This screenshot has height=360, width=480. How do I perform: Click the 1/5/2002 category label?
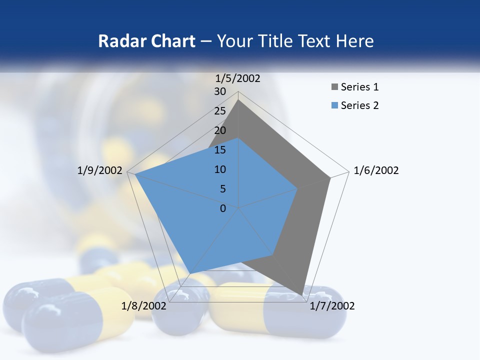point(238,78)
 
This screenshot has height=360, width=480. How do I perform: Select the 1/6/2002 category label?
point(376,170)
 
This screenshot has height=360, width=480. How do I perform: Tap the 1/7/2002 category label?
point(332,306)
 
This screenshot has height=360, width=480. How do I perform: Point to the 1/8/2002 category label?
point(144,306)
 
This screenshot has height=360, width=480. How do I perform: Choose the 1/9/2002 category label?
point(100,170)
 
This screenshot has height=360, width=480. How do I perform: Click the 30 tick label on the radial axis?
point(220,91)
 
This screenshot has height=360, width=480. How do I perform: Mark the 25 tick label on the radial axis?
point(220,111)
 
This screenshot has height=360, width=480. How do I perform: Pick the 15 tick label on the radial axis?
point(220,150)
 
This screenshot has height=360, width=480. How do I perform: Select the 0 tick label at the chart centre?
point(223,208)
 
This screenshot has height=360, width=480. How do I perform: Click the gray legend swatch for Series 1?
point(335,87)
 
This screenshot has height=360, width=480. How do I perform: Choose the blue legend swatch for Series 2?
point(335,105)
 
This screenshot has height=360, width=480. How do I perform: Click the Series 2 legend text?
point(359,105)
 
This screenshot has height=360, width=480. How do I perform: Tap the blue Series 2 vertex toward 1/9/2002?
point(135,174)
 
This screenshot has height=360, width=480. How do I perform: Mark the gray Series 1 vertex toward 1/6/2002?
point(330,178)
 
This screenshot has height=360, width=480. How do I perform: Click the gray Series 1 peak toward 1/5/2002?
point(238,100)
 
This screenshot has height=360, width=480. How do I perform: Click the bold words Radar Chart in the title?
point(146,41)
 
